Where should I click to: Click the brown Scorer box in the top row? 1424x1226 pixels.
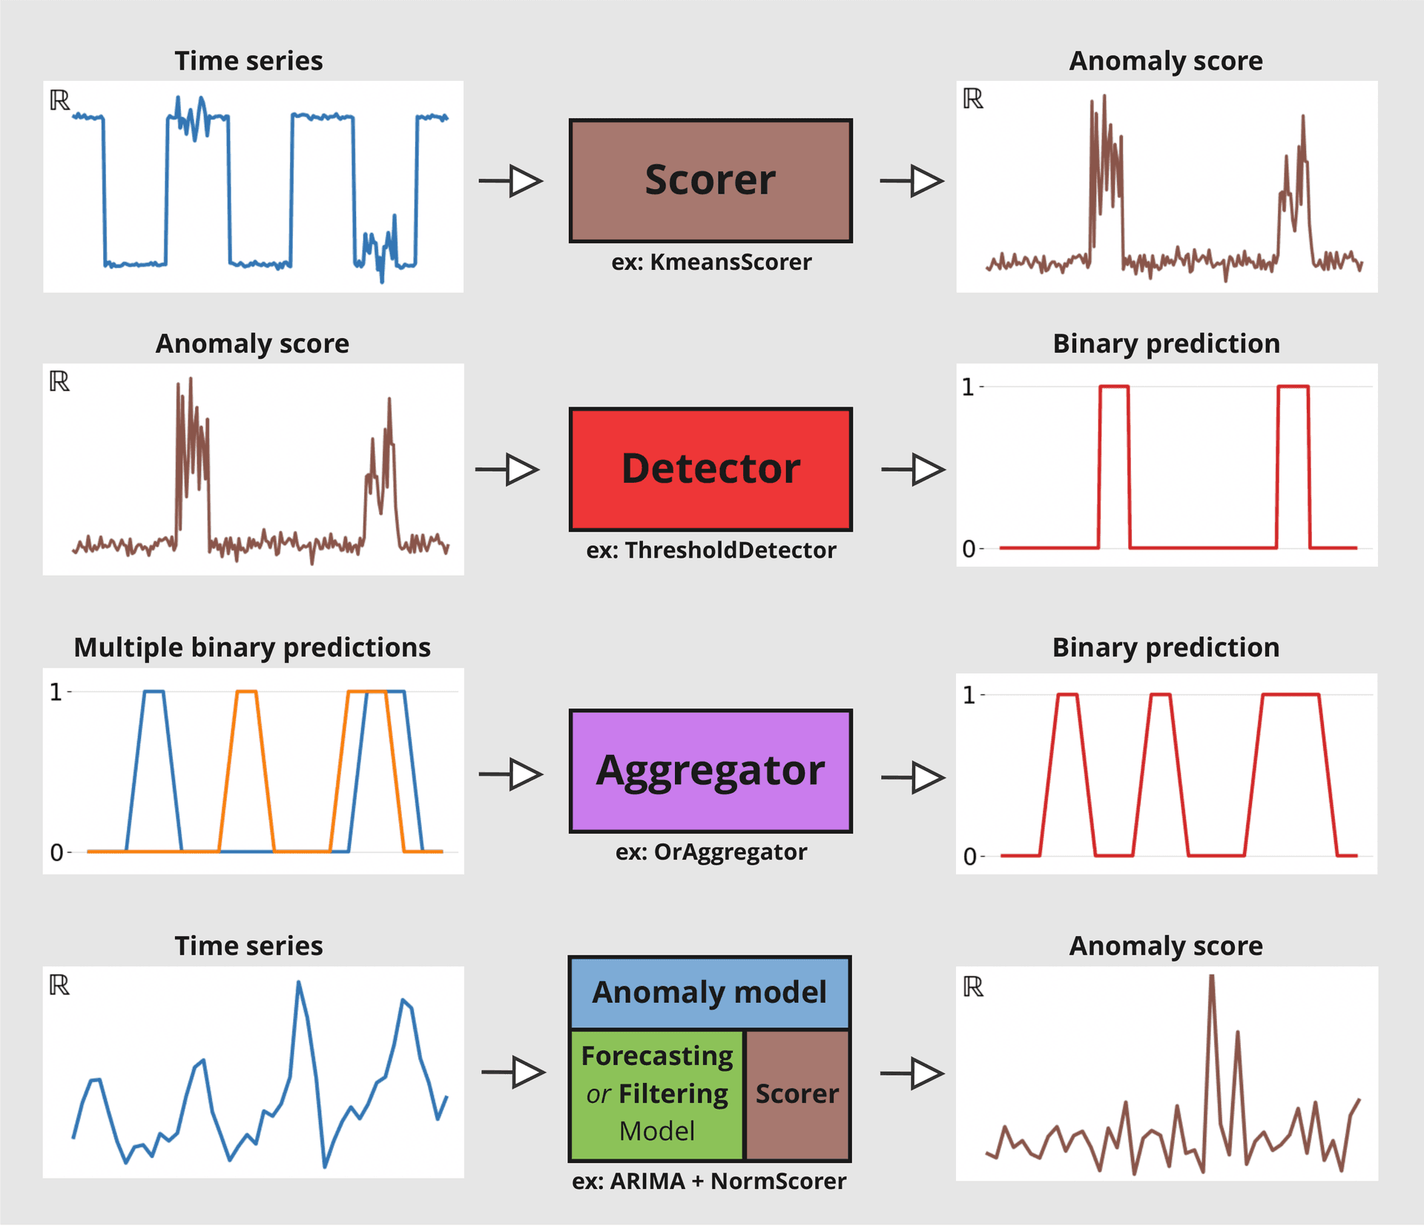(711, 180)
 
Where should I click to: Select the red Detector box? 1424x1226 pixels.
(711, 469)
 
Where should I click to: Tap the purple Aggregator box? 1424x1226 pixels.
(711, 771)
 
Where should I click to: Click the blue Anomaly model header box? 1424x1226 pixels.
(710, 992)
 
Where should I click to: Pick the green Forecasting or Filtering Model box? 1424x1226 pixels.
(657, 1095)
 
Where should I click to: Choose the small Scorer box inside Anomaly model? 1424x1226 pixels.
(797, 1095)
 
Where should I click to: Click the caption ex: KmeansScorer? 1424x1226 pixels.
(711, 262)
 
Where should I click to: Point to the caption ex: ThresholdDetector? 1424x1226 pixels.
(711, 550)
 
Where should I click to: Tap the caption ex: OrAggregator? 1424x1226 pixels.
(711, 852)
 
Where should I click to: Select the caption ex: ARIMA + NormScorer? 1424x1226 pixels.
(709, 1181)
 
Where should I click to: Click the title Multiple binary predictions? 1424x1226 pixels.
(252, 647)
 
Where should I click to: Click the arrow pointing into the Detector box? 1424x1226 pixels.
(507, 469)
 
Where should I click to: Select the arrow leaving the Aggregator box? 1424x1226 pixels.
(913, 778)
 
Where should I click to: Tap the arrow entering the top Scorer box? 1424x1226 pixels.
(511, 181)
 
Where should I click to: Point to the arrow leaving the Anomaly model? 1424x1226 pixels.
(912, 1073)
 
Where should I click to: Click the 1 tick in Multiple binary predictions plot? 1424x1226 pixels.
(56, 692)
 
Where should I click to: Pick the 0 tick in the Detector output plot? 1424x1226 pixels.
(969, 549)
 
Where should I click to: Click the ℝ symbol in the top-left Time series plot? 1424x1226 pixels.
(60, 100)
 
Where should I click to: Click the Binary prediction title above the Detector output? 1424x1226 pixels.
(1166, 343)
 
